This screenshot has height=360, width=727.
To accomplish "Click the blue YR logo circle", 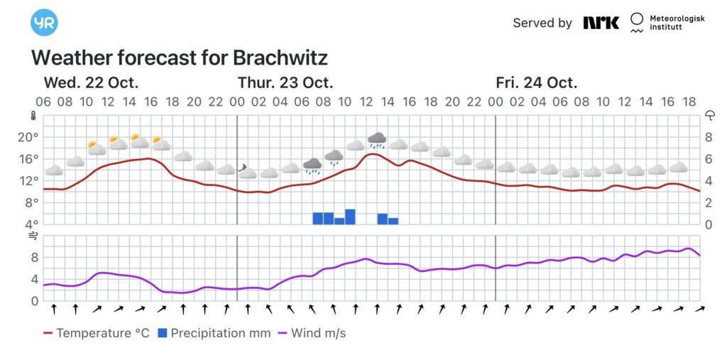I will pos(44,22).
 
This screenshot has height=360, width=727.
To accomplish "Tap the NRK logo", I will pos(601,23).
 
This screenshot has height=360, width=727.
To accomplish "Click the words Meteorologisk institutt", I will pos(677,23).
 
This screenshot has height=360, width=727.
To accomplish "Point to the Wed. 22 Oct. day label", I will pos(91,82).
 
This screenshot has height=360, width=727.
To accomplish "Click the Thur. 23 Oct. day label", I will pos(285,82).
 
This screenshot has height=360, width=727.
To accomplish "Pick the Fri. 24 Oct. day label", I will pos(537,82).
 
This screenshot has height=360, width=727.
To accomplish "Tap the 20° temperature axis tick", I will pos(28,137).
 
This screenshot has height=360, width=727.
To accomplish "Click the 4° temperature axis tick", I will pos(31,224).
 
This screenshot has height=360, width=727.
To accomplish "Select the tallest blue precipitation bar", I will pos(350,217).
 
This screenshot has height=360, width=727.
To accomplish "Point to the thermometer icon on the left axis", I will pos(33,116).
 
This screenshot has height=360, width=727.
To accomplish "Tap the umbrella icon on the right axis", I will pos(709,116).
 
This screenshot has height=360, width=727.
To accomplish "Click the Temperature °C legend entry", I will pos(97,333).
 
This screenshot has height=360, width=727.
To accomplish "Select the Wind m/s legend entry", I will pos(315,333).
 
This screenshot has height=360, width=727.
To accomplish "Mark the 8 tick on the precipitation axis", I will pos(709,137).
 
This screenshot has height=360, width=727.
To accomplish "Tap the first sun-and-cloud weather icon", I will pos(95,148).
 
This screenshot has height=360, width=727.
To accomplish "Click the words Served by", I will pos(542,23).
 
